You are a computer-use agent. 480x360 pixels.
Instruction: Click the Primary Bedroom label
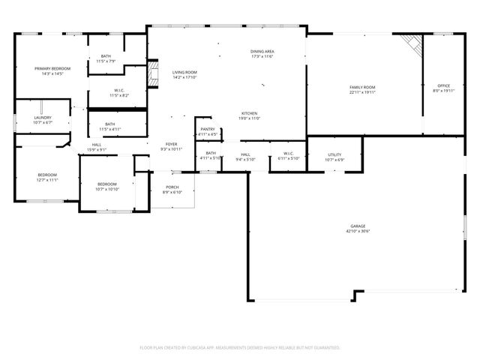coord(52,68)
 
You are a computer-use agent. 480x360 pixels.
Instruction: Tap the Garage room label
coord(358,226)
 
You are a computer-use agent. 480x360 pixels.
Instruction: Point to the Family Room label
coord(362,87)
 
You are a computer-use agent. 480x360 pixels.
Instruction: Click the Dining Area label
coord(262,51)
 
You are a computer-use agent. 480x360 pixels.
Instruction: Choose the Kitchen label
coord(250,113)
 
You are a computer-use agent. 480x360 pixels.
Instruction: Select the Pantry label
coord(208,129)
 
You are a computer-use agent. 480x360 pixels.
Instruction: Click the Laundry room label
coord(42,118)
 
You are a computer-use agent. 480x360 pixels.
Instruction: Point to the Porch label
coord(172,187)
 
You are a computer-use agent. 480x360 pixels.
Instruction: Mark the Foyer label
coord(172,143)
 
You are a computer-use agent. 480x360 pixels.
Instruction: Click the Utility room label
coord(334,154)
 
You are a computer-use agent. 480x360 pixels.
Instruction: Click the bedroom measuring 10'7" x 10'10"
coord(106,184)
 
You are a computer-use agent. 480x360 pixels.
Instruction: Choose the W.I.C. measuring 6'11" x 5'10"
coord(288,154)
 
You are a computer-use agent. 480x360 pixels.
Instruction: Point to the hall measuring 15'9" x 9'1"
coord(97,145)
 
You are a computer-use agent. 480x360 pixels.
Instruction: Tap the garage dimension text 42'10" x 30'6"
coord(358,231)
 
